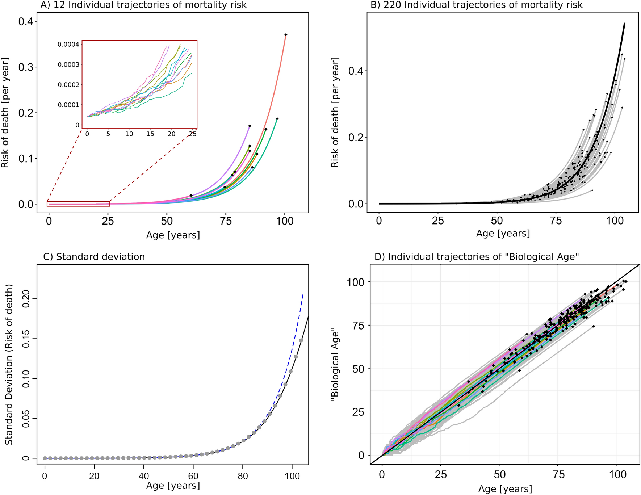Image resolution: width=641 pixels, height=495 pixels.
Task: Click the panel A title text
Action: tap(144, 5)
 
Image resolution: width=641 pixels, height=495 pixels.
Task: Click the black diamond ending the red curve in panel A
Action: tap(286, 35)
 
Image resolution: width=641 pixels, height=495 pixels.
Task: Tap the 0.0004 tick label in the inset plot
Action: tap(68, 45)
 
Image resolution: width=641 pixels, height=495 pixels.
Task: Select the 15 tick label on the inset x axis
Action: tap(150, 134)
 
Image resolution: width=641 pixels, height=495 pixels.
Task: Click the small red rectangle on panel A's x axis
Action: tap(78, 204)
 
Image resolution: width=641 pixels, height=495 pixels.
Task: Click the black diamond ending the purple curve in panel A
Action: tap(250, 126)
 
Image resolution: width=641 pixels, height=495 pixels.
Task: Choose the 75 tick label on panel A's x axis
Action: tap(226, 221)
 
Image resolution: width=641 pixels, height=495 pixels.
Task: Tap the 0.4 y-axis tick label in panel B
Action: tap(356, 71)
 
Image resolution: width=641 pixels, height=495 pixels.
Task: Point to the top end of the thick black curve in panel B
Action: tap(624, 24)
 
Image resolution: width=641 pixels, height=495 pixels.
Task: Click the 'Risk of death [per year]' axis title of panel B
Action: tap(335, 112)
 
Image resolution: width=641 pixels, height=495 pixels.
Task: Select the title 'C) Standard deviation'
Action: tap(94, 257)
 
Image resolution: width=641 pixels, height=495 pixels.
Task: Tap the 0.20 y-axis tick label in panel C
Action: tap(26, 299)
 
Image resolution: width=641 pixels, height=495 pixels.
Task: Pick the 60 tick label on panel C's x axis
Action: tap(193, 475)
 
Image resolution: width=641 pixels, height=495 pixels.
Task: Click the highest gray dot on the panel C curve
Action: tap(301, 340)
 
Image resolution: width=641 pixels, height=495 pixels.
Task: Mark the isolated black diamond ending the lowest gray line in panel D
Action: tap(594, 326)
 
